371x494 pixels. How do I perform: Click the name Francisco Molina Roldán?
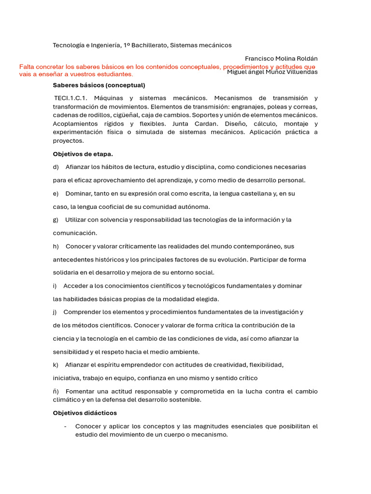coord(281,58)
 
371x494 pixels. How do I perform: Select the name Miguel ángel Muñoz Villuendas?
coord(272,72)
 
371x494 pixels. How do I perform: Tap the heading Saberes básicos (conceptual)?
coord(99,85)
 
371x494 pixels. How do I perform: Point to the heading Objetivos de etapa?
coord(83,154)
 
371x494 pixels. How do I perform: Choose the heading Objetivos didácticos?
coord(85,413)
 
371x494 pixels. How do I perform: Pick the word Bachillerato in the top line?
coord(150,45)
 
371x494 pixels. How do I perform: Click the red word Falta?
coord(27,67)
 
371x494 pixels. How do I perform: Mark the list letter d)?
coord(56,167)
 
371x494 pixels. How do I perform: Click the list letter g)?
coord(56,220)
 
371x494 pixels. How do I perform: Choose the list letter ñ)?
coord(56,391)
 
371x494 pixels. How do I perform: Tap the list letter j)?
coord(55,312)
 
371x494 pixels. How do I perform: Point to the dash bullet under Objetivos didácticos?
coord(65,426)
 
